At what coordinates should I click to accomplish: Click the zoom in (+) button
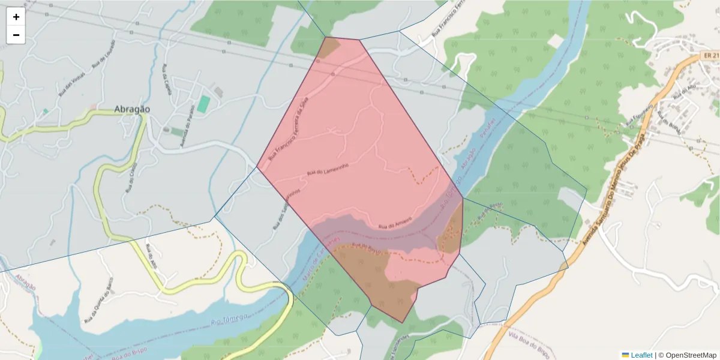click(16, 17)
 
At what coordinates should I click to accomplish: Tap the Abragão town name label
click(132, 109)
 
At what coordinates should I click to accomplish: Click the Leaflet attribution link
click(641, 355)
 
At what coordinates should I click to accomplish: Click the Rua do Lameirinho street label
click(328, 169)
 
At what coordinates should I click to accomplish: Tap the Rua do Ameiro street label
click(395, 223)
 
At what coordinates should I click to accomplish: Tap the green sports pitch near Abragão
click(204, 104)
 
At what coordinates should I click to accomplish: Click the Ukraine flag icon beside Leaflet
click(625, 355)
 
